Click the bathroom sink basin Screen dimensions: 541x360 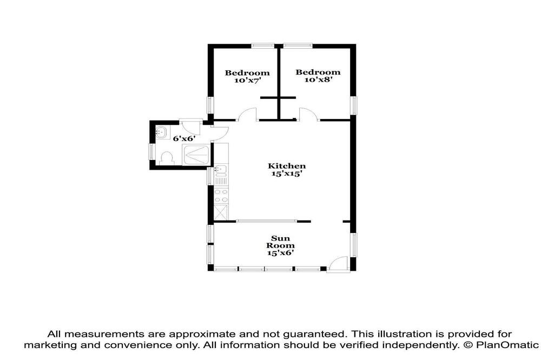(x=162, y=132)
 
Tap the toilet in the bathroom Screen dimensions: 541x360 (x=167, y=158)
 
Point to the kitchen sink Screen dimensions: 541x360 (x=221, y=169)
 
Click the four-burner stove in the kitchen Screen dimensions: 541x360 (x=221, y=196)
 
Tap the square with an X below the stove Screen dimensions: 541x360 (x=221, y=212)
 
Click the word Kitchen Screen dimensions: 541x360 (x=287, y=166)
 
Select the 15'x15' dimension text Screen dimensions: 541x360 (x=287, y=174)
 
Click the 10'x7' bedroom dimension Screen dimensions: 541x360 (x=247, y=81)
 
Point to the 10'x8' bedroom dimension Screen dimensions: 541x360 (x=318, y=79)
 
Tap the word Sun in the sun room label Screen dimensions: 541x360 (x=280, y=238)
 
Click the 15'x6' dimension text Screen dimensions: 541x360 (x=280, y=253)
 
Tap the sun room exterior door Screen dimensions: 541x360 (x=338, y=264)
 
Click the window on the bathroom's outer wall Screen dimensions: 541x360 (x=151, y=152)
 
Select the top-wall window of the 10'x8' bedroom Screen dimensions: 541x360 (x=298, y=45)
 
